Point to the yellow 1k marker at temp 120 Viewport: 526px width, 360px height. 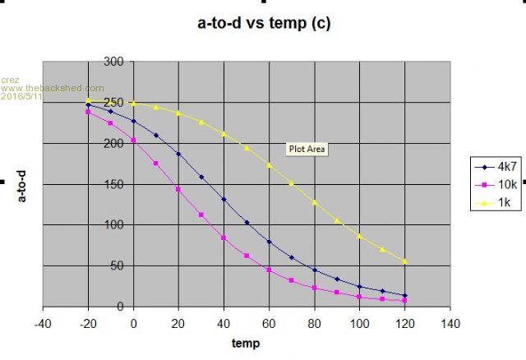tap(405, 261)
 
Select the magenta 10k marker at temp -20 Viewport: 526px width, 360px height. tap(88, 112)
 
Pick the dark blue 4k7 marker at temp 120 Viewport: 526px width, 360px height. tap(405, 295)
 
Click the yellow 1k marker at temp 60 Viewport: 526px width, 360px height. tap(269, 165)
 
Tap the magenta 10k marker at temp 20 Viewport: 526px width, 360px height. tap(178, 189)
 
